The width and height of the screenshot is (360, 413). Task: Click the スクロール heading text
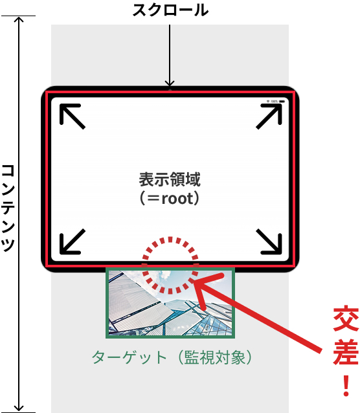(x=170, y=10)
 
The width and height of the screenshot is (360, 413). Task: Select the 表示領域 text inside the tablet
(x=170, y=179)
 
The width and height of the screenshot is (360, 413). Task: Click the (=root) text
(x=170, y=198)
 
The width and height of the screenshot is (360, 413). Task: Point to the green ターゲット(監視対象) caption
(x=172, y=357)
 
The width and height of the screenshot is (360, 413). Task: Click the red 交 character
(x=346, y=319)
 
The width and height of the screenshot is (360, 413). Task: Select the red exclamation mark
(x=346, y=386)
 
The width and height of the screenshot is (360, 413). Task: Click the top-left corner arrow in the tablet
(x=73, y=116)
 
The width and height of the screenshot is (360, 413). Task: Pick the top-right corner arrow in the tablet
(x=269, y=116)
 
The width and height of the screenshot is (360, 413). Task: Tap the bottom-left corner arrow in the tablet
(x=73, y=242)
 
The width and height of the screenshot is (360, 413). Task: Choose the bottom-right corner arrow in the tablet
(x=269, y=242)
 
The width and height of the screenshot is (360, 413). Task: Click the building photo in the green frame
(x=170, y=303)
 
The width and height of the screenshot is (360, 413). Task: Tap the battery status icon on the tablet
(x=282, y=102)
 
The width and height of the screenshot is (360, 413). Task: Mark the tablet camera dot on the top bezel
(x=170, y=90)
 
